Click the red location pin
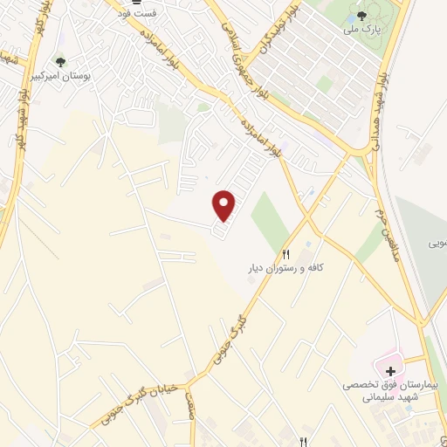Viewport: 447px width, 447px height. [x=224, y=205]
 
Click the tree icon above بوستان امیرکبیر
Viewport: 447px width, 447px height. [x=60, y=61]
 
